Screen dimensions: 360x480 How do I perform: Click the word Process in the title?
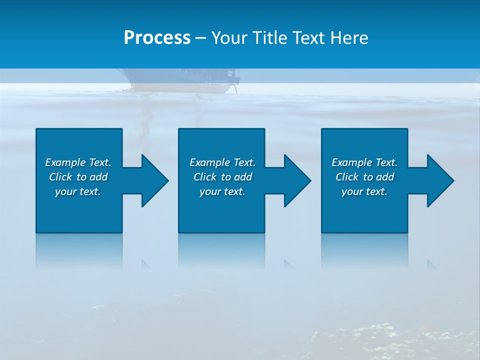[157, 38]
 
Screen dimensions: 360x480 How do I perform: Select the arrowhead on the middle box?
[296, 180]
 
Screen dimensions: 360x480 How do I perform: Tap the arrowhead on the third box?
[439, 180]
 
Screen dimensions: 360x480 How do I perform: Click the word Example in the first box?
[65, 162]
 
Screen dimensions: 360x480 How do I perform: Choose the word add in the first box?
[98, 177]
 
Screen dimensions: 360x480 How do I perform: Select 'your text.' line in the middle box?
[222, 191]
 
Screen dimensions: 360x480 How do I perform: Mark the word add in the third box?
[385, 177]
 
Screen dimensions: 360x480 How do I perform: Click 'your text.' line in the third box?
[364, 191]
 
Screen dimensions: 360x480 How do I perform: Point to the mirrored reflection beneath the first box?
[79, 250]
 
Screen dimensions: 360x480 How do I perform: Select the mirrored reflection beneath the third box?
[364, 250]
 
